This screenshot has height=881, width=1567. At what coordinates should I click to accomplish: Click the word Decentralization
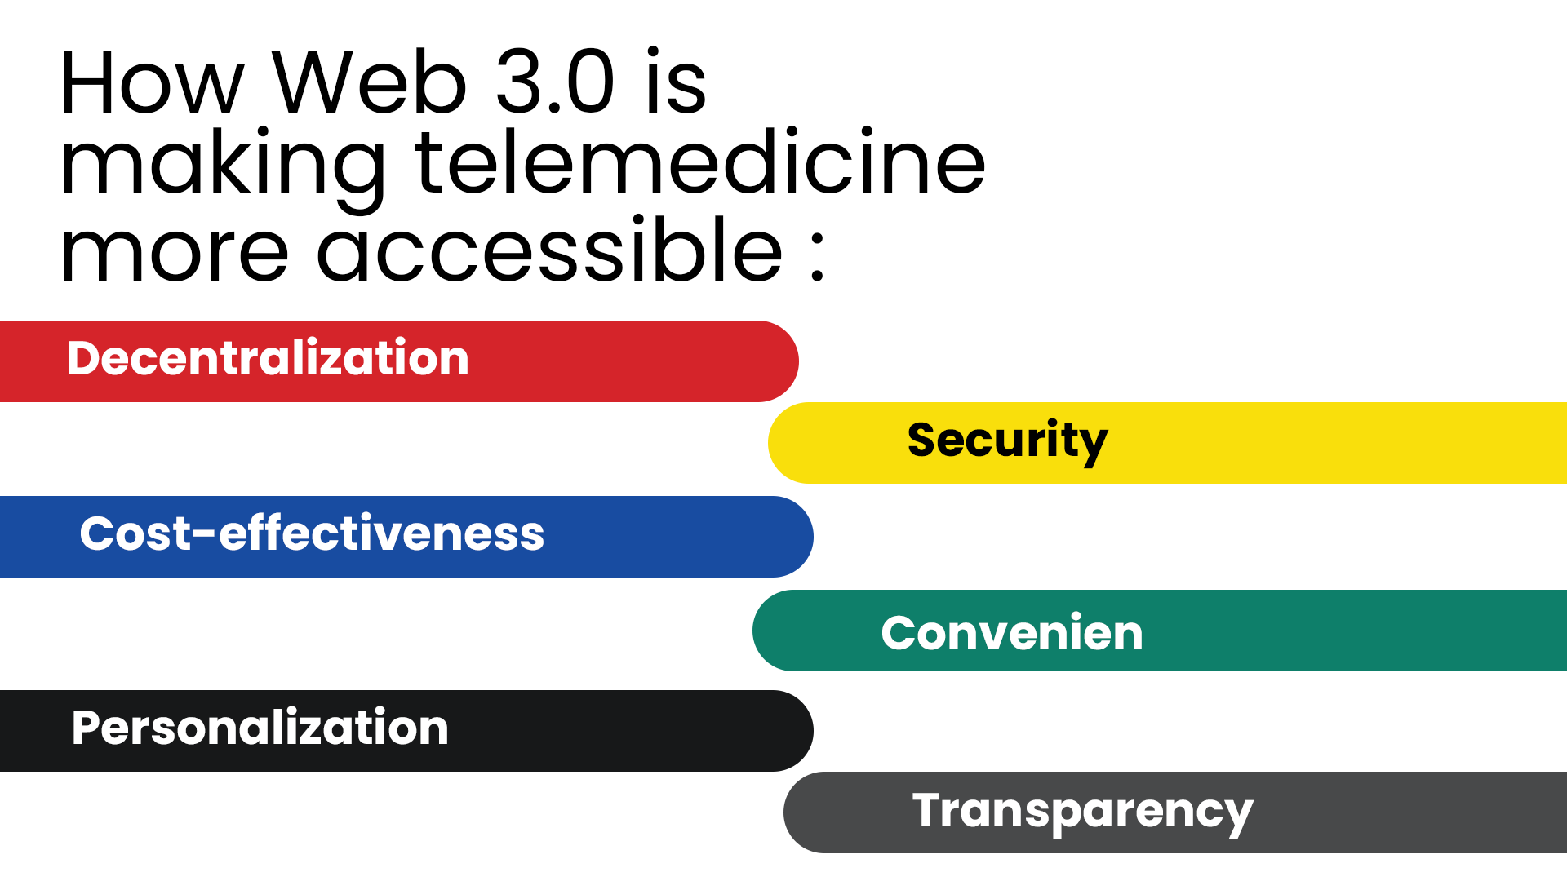[x=268, y=358]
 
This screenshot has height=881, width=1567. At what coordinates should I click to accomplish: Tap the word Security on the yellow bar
[x=1007, y=442]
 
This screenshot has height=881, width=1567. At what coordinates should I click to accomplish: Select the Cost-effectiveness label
[x=312, y=533]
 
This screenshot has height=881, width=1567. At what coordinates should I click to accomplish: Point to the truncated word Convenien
[x=1012, y=633]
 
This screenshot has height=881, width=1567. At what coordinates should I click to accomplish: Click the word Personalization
[x=260, y=728]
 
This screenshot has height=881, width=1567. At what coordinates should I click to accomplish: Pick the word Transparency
[x=1082, y=812]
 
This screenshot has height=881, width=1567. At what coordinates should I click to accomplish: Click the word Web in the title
[x=369, y=82]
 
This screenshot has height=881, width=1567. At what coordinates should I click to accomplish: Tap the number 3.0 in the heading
[x=555, y=82]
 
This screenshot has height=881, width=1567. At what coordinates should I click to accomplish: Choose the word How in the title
[x=153, y=82]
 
